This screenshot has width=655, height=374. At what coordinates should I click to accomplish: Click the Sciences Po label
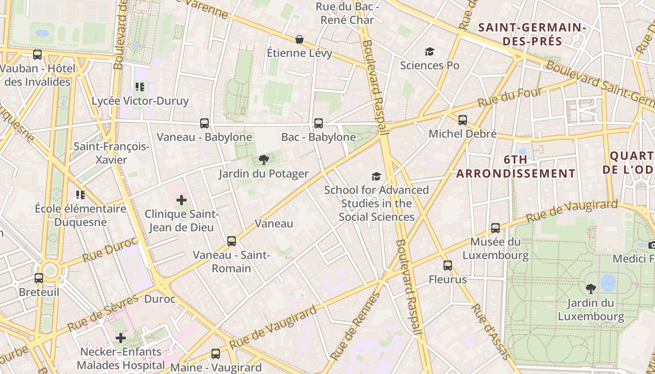click(429, 65)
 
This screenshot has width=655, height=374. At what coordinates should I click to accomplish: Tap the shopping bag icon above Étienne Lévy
click(299, 39)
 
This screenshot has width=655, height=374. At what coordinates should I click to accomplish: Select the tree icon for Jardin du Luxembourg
click(591, 288)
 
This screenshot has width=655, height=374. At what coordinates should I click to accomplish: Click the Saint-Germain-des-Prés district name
click(532, 34)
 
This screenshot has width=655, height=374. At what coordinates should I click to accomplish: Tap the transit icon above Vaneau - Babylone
click(204, 123)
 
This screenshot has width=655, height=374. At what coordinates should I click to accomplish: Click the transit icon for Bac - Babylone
click(319, 123)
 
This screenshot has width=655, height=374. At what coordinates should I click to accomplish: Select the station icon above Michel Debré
click(463, 120)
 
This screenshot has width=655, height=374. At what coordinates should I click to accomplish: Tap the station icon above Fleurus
click(448, 266)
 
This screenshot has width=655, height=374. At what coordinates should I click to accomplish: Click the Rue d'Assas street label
click(491, 331)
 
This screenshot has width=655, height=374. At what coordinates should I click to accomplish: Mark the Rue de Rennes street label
click(356, 326)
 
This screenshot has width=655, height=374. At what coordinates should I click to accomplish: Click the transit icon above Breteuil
click(39, 278)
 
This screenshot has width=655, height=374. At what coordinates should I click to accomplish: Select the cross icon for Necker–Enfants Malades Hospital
click(121, 338)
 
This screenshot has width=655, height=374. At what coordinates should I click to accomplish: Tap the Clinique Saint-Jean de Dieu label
click(182, 221)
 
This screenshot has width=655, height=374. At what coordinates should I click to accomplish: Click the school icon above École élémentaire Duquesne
click(80, 194)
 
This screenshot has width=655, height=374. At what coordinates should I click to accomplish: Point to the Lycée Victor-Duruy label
click(140, 101)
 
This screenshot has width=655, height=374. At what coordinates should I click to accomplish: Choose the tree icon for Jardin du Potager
click(264, 160)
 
